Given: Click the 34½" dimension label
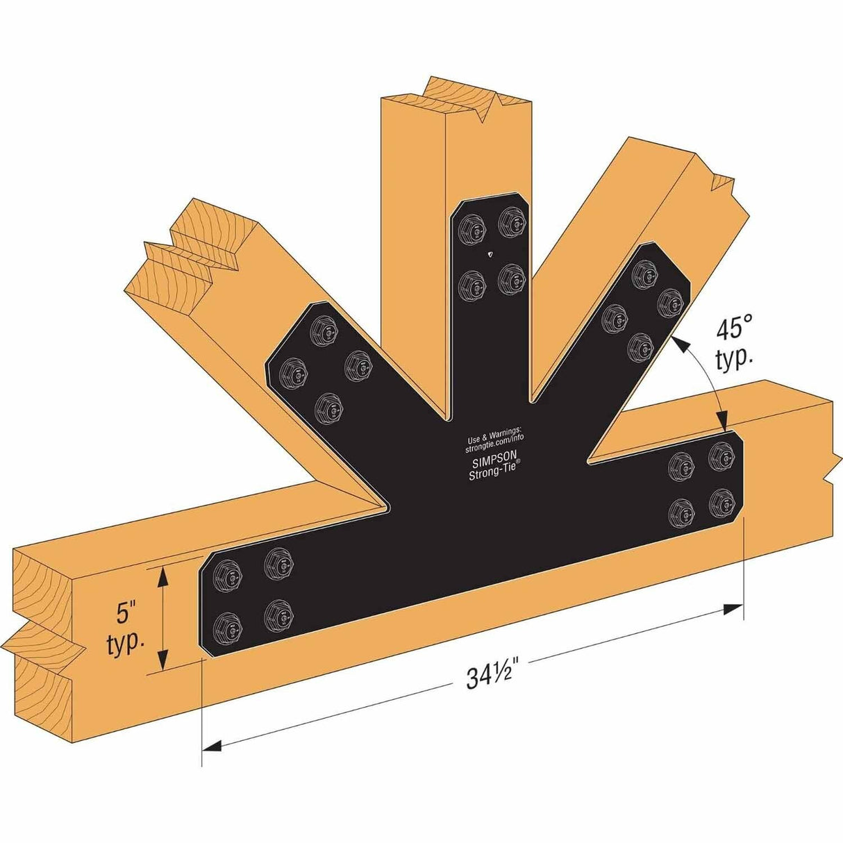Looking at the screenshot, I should coord(494,676).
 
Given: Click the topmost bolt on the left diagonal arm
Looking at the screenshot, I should coord(322,328).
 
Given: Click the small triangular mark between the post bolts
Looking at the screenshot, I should coord(492,254).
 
